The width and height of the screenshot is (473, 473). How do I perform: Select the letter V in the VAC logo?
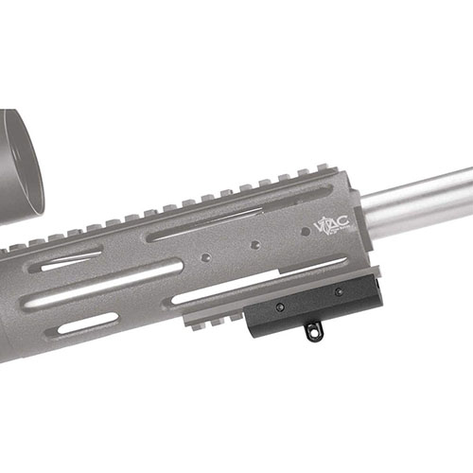point(321,227)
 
